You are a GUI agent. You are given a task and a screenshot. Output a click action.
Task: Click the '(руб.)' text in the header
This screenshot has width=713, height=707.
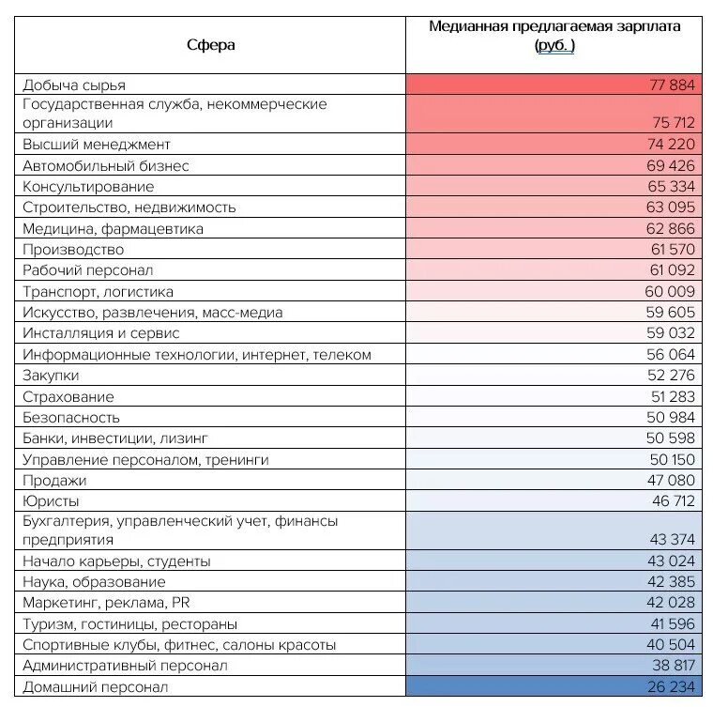tap(554, 45)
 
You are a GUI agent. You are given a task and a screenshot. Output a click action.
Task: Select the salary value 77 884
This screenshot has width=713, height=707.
tap(671, 85)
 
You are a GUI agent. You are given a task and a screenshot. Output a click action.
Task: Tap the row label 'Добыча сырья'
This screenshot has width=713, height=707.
tap(74, 85)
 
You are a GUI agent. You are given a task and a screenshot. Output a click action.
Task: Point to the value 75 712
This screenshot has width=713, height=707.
tap(671, 122)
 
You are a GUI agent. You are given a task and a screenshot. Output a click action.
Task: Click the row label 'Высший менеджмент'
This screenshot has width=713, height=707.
tap(97, 145)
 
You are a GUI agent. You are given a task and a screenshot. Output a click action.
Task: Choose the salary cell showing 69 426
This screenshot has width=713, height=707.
tap(671, 165)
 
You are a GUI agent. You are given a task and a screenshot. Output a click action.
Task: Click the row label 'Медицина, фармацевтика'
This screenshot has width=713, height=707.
tap(113, 228)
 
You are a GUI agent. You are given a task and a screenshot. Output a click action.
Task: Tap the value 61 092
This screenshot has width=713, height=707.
tap(671, 270)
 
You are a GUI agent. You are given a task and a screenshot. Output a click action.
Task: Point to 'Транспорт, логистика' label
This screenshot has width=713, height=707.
tap(99, 291)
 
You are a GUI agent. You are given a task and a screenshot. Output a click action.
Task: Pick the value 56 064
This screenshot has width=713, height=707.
tap(671, 354)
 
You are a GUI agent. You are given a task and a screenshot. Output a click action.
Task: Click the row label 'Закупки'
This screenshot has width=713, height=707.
tap(52, 375)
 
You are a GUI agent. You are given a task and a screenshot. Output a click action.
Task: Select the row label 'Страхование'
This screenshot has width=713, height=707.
tap(68, 396)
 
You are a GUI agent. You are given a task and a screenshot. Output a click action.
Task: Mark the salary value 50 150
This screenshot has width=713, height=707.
tap(671, 459)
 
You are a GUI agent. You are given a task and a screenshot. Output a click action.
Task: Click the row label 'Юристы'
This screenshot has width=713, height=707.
tap(51, 500)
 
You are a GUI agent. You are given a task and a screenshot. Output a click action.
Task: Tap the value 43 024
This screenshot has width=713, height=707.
tap(671, 561)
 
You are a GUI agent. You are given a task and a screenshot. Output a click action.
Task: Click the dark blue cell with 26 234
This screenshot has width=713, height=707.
tap(671, 686)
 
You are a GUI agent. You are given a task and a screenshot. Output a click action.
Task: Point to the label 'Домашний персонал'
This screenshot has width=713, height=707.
tap(96, 686)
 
